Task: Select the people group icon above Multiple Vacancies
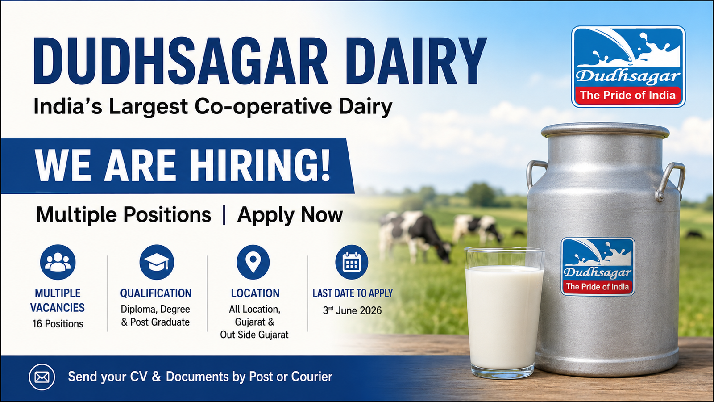point(58,262)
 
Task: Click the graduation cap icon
point(157,262)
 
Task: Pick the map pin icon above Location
point(253,262)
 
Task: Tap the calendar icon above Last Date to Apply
point(352,262)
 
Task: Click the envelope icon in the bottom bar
point(42,377)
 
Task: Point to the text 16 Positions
point(58,324)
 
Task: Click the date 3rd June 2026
point(352,310)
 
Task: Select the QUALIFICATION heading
point(156,293)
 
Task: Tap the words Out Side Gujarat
point(254,335)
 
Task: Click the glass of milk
point(504,313)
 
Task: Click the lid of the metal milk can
point(605,131)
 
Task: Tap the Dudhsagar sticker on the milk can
point(598,267)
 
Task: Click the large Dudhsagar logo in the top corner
point(628,67)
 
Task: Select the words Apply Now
point(290,215)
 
